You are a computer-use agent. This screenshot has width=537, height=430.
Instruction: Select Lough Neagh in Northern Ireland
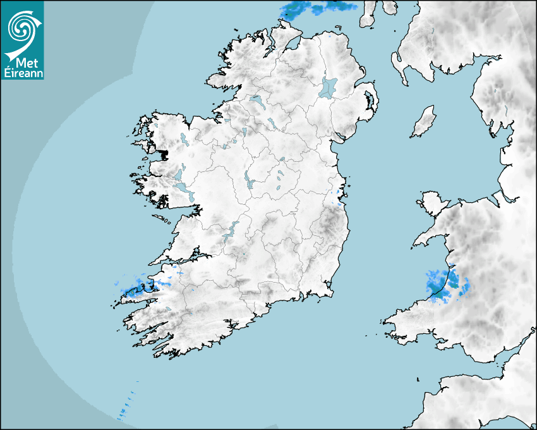[329, 87]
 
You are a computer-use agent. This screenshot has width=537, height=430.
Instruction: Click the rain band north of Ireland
[319, 8]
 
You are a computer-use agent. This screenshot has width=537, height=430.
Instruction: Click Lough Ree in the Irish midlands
[248, 181]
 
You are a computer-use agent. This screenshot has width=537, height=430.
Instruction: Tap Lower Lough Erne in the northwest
[255, 101]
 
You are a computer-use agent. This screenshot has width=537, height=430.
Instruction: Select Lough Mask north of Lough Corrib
[179, 172]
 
